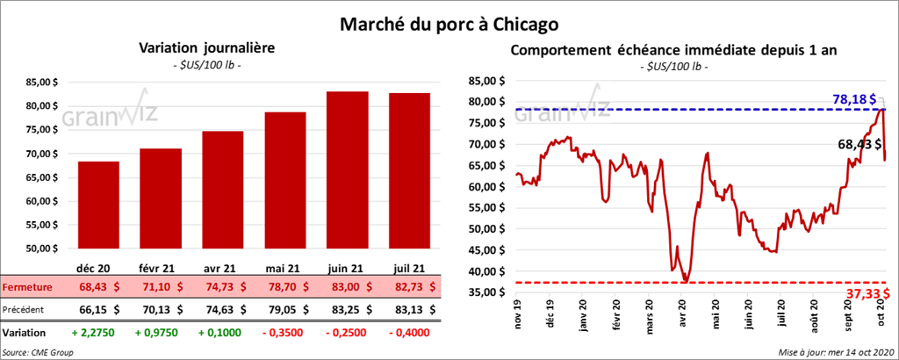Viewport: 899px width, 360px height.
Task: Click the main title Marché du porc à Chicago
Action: tap(449, 21)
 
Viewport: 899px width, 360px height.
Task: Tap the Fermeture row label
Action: tap(26, 287)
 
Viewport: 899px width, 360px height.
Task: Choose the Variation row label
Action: tap(25, 334)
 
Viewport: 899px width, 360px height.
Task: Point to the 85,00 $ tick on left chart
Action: tap(40, 83)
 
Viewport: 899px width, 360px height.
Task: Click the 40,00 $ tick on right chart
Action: tap(488, 272)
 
